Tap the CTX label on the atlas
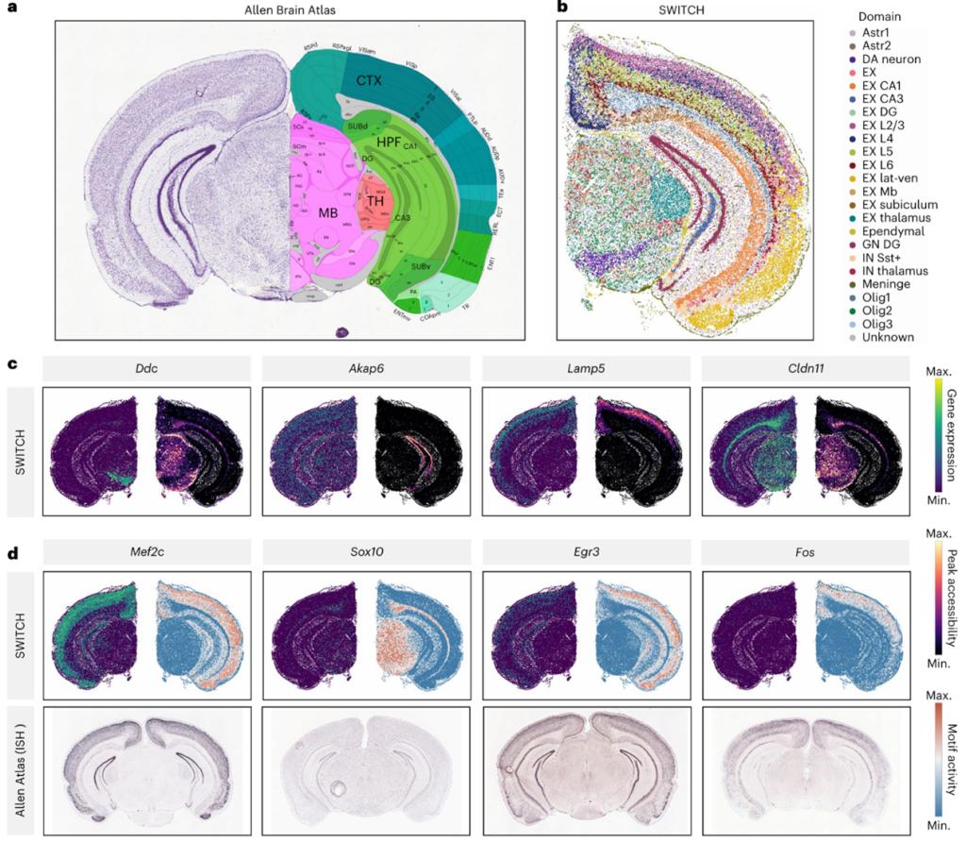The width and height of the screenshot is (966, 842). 369,80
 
